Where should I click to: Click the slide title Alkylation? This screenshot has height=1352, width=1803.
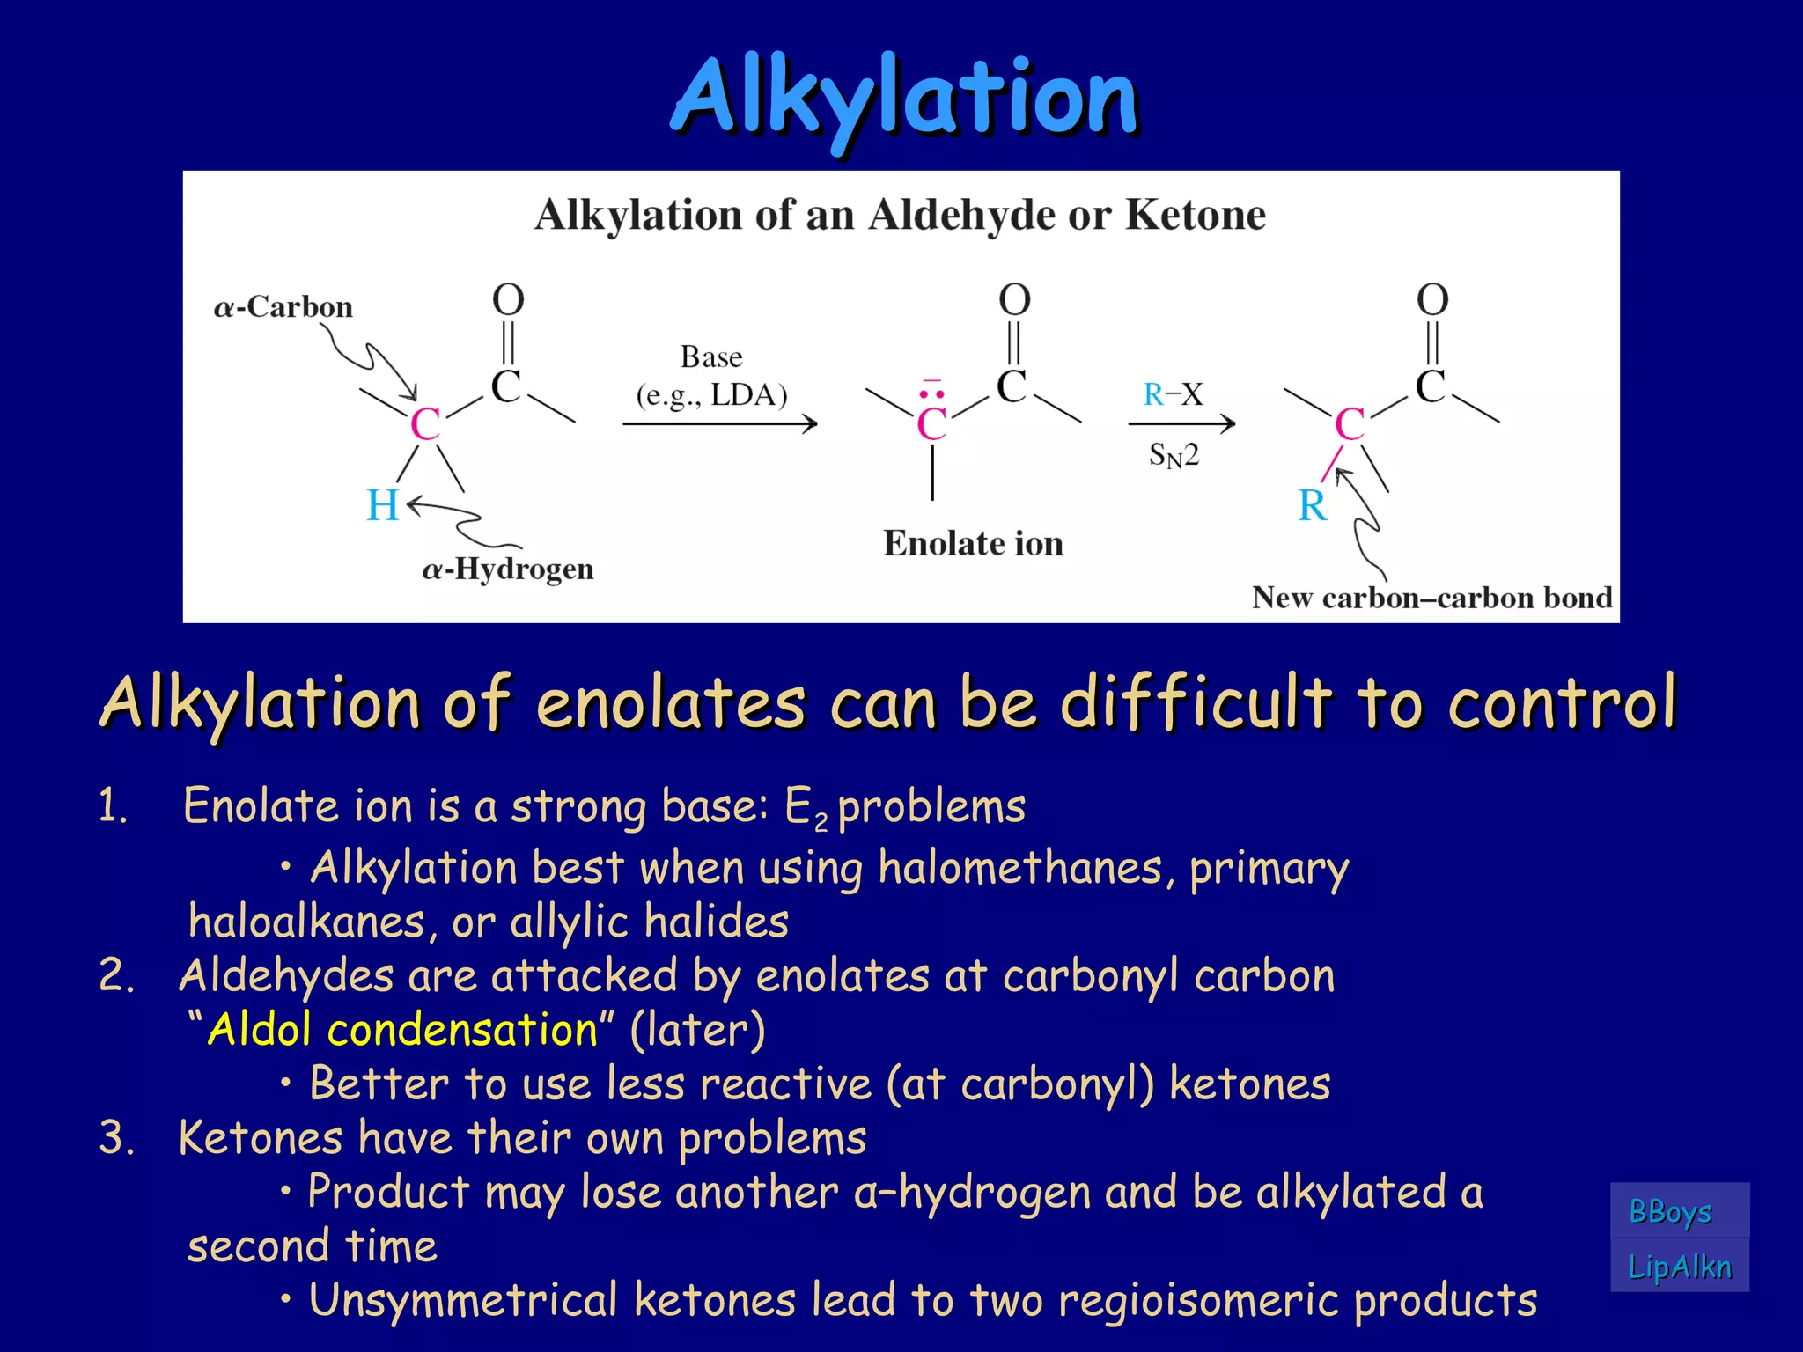tap(905, 99)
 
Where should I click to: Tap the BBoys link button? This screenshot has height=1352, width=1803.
tap(1670, 1212)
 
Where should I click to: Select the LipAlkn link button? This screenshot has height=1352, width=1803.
tap(1679, 1267)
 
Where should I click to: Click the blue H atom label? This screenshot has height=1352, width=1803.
tap(382, 506)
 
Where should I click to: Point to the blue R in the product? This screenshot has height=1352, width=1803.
tap(1312, 506)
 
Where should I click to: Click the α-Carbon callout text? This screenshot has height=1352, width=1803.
tap(283, 307)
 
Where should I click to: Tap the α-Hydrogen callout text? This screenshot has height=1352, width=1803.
tap(508, 569)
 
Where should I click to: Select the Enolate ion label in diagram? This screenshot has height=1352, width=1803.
tap(973, 543)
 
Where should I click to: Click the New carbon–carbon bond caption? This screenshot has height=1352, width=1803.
tap(1431, 598)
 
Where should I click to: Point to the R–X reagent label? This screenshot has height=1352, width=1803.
tap(1173, 394)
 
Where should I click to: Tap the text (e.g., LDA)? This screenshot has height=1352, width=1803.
tap(711, 395)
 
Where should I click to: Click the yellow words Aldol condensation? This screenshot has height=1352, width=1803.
tap(403, 1029)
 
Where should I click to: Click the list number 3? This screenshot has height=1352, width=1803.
tap(117, 1137)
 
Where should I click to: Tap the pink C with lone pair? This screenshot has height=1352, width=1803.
tap(931, 423)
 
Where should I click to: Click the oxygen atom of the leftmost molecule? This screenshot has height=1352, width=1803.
tap(508, 300)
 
